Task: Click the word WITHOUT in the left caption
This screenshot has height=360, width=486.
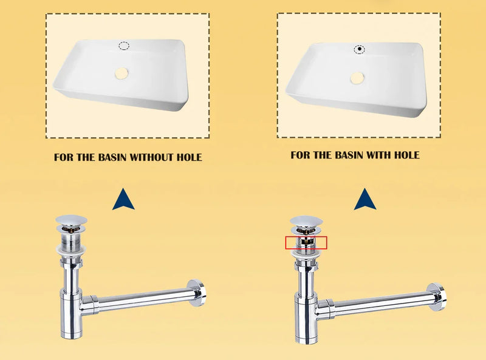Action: click(x=151, y=157)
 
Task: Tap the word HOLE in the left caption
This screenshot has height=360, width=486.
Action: click(x=190, y=157)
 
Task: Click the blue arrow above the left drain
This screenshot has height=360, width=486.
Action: click(x=123, y=200)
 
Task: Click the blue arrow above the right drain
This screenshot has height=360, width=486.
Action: click(x=365, y=200)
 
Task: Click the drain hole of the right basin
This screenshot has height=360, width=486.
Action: click(x=357, y=78)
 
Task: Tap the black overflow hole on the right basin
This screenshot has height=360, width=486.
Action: click(x=359, y=49)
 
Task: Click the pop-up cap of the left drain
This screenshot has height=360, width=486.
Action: click(x=71, y=220)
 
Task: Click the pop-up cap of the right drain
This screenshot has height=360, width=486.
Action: click(x=306, y=220)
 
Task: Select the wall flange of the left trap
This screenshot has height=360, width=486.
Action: click(x=197, y=293)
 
